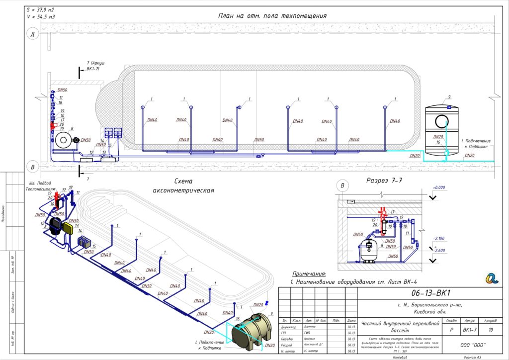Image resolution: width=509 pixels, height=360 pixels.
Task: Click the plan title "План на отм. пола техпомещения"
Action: [x=272, y=15]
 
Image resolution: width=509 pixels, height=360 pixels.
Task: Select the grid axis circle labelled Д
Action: [x=32, y=34]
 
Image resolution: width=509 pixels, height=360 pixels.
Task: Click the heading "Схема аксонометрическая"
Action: [x=183, y=185]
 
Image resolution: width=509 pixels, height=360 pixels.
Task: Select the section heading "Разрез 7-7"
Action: [x=382, y=180]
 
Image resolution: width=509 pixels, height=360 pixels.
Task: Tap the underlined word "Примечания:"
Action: [x=308, y=273]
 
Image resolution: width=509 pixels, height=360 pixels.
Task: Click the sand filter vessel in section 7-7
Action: [x=369, y=250]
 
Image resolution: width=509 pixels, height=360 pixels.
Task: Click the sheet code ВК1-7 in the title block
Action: [x=470, y=329]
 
